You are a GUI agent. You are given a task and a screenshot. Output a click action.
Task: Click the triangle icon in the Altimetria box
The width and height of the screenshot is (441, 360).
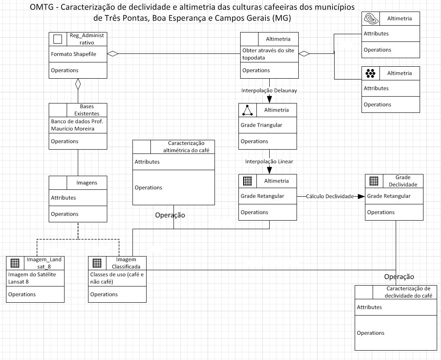(248, 110)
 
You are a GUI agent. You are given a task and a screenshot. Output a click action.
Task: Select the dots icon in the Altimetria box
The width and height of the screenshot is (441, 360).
(370, 74)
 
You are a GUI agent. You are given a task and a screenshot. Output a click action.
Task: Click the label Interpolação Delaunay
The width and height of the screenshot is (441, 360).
(269, 91)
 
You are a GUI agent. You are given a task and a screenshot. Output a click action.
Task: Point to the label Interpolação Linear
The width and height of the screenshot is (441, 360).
(269, 162)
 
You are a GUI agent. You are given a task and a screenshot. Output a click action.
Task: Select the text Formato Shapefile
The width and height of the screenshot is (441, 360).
(73, 54)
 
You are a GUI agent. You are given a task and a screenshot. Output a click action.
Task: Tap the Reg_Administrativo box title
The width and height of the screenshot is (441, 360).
(87, 38)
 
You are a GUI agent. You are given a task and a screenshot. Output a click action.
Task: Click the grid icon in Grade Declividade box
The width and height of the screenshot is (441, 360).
(374, 181)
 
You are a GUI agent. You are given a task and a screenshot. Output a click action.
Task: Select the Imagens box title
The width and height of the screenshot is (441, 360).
(87, 183)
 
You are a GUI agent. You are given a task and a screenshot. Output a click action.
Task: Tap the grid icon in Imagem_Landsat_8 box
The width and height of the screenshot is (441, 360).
(15, 263)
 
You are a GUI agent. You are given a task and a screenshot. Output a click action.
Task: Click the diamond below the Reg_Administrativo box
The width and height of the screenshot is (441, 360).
(78, 84)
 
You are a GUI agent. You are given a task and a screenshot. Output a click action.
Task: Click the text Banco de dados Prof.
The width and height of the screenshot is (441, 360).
(77, 121)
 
